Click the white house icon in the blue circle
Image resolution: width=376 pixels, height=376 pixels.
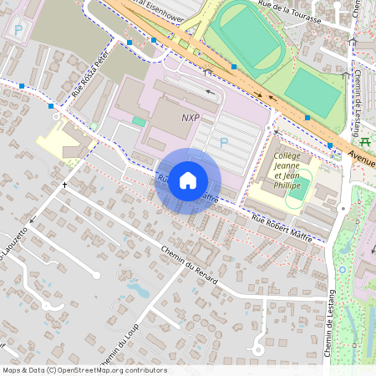(188, 180)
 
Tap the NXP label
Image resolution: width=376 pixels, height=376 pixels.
(190, 118)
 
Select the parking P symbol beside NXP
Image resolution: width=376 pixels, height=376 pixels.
(223, 143)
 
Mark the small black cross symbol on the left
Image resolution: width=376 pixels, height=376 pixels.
(64, 184)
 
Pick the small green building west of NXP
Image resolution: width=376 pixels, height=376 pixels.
(139, 122)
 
